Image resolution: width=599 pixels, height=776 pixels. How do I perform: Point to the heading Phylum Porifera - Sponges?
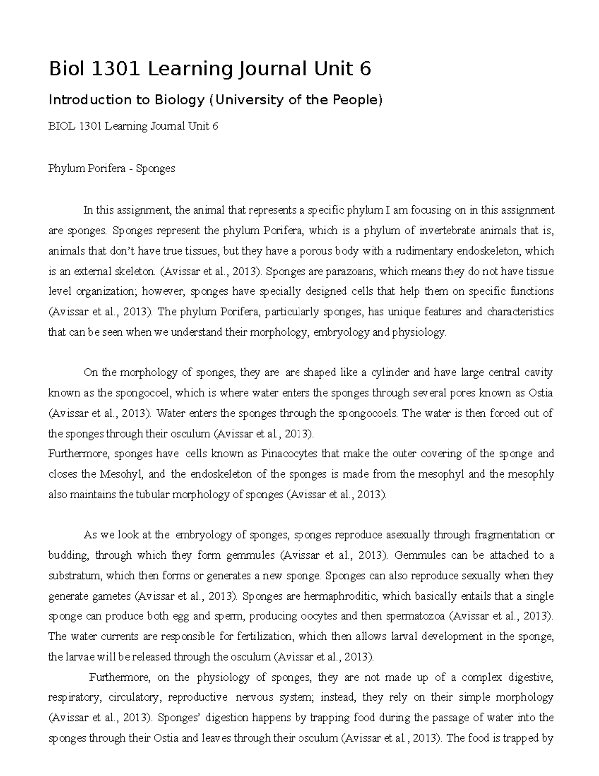click(x=111, y=169)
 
